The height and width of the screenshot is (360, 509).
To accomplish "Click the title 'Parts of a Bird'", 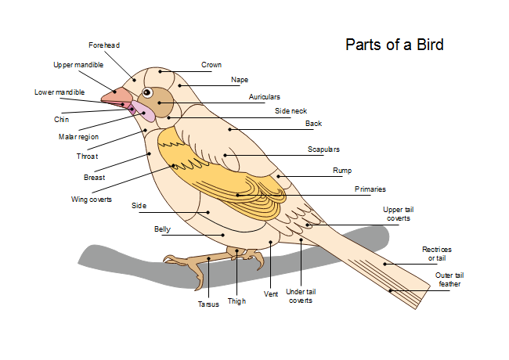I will point(394,45).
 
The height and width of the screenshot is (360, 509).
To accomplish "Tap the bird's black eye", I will point(147,92).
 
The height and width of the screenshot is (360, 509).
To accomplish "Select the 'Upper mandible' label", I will point(78,65).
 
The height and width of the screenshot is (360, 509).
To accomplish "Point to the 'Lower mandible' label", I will point(60,92).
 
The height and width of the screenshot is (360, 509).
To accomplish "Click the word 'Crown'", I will point(211,65).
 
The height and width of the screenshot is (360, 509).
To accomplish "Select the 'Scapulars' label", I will point(323,149).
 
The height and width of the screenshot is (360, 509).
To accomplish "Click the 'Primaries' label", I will point(370,189).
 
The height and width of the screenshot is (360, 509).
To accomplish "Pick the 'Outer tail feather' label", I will point(449,279).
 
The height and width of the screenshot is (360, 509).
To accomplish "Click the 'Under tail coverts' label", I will point(301,295).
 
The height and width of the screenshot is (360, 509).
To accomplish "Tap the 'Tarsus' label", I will point(208,304).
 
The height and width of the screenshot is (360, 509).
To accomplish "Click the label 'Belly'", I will point(162,229).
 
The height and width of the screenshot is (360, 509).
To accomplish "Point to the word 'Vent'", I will point(271,294).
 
